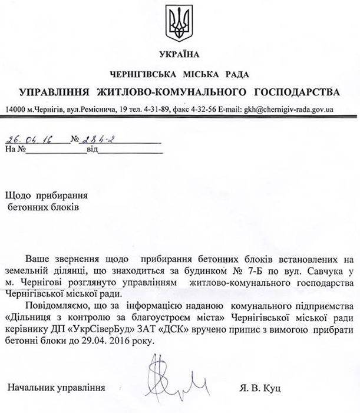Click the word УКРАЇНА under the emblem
click(x=180, y=55)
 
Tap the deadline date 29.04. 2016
click(x=105, y=341)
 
